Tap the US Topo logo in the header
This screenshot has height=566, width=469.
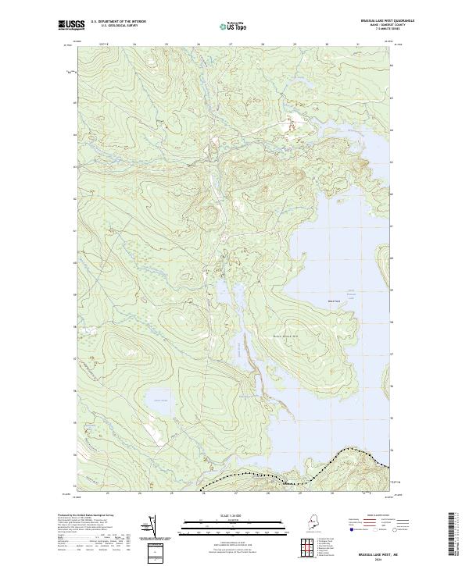234,25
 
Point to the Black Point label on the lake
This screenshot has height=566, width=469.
334,297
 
